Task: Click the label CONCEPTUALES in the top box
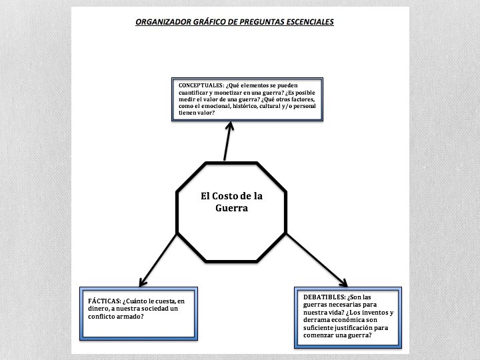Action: (201, 85)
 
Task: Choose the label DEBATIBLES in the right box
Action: (324, 296)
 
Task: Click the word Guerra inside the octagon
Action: (232, 208)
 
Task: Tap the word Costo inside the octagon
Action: (231, 196)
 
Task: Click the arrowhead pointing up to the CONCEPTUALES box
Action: (230, 125)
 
